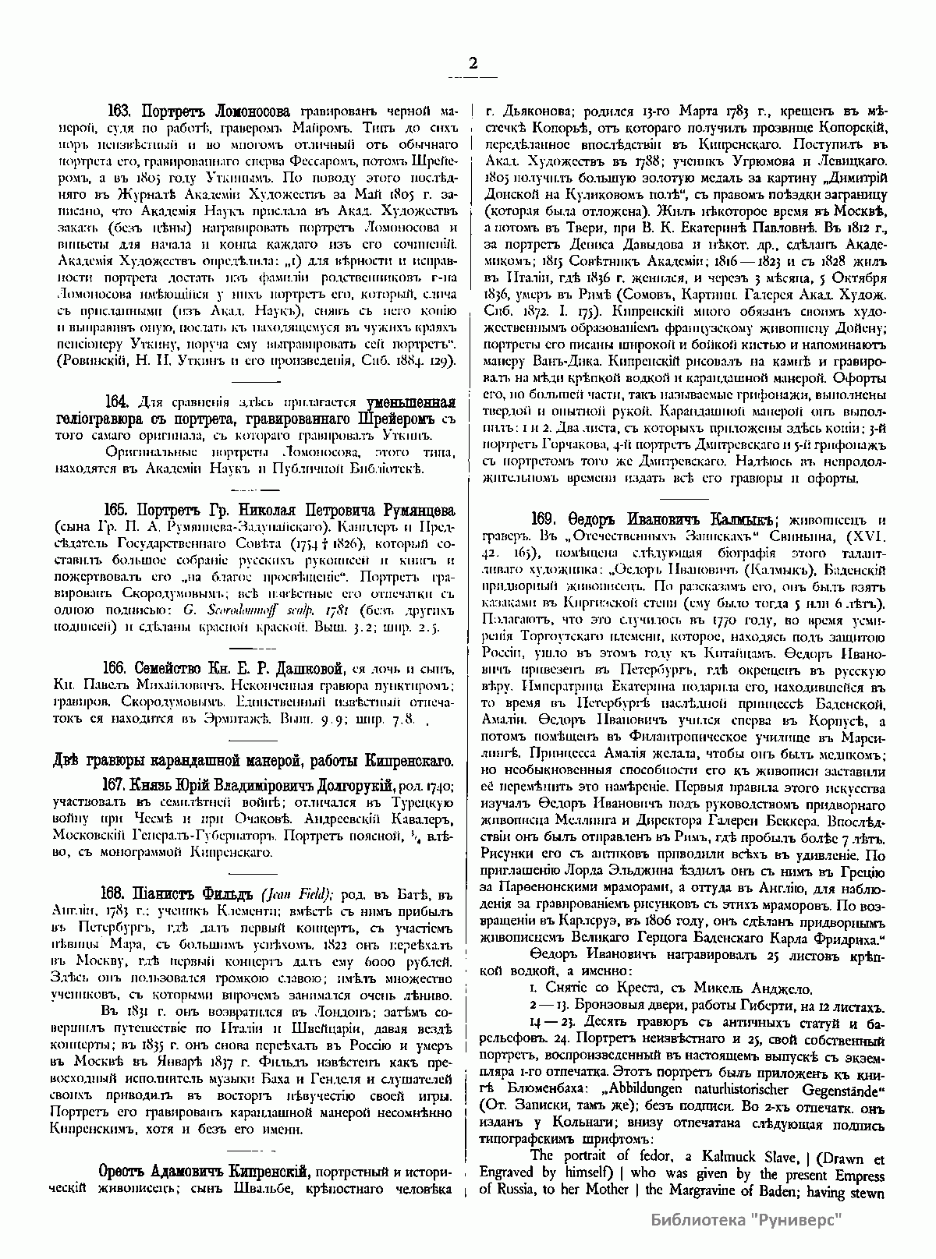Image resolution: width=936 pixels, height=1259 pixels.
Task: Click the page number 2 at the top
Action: pos(472,65)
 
